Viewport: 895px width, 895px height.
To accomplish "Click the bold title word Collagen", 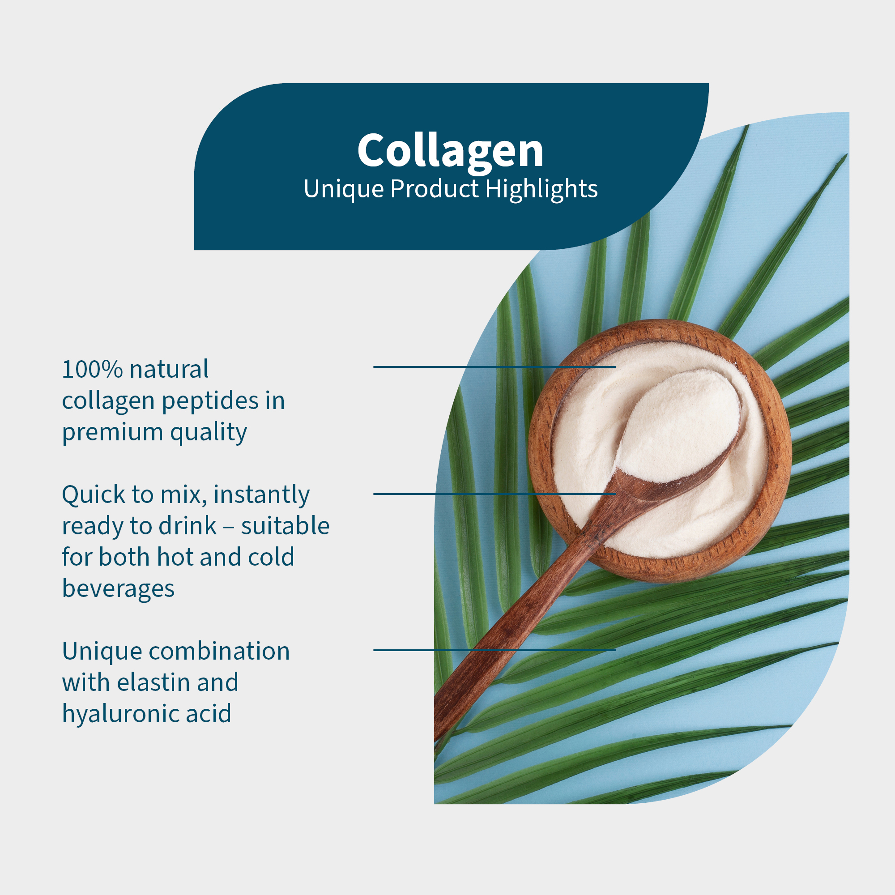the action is pos(450,151).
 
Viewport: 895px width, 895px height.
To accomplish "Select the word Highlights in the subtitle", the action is pos(541,189).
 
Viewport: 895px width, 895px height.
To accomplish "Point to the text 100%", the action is pos(93,370).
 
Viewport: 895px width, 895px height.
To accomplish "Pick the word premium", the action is pos(113,433).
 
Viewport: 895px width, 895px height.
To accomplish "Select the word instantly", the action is pos(262,494).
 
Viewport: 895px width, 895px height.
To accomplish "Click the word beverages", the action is pos(118,589).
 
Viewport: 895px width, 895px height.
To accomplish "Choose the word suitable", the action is pos(285,526).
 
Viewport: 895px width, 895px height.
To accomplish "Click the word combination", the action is pos(219,651).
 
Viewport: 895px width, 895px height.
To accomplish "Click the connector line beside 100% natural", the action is pos(494,367).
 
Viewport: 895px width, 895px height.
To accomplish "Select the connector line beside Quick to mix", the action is pos(494,494).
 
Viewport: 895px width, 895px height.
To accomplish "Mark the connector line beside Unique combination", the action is pos(494,650).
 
